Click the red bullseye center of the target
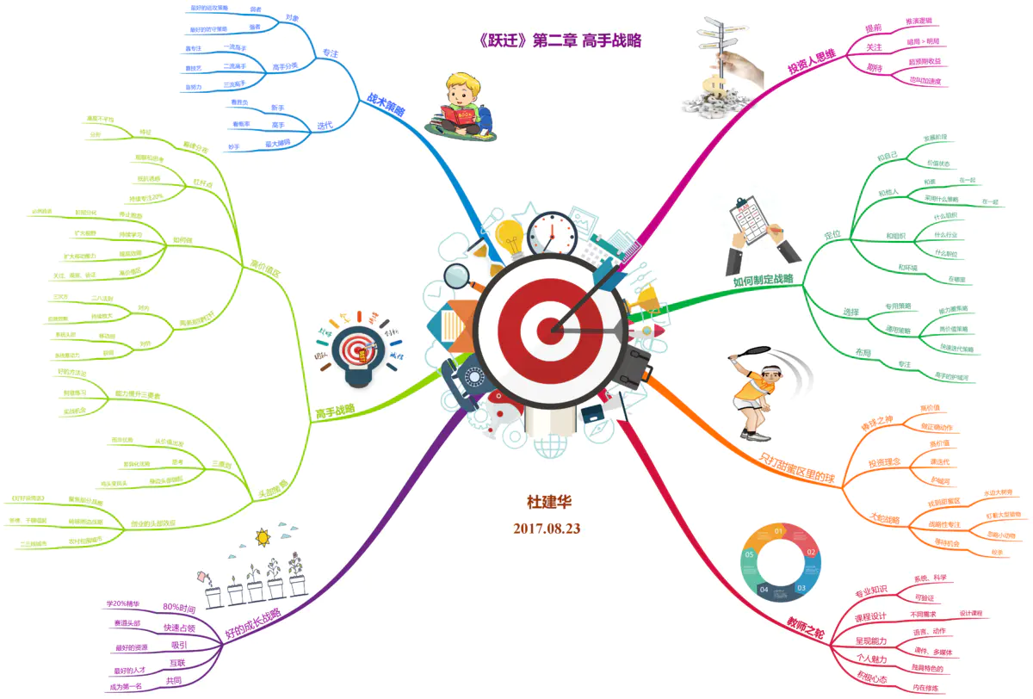click(548, 328)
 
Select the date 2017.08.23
click(547, 528)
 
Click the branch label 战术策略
click(387, 110)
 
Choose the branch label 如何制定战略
click(763, 279)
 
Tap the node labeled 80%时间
click(184, 608)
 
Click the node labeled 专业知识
click(870, 593)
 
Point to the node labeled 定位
click(832, 234)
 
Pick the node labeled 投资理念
click(884, 463)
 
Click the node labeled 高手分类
click(286, 65)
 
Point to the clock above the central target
click(552, 233)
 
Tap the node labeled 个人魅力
click(871, 659)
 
